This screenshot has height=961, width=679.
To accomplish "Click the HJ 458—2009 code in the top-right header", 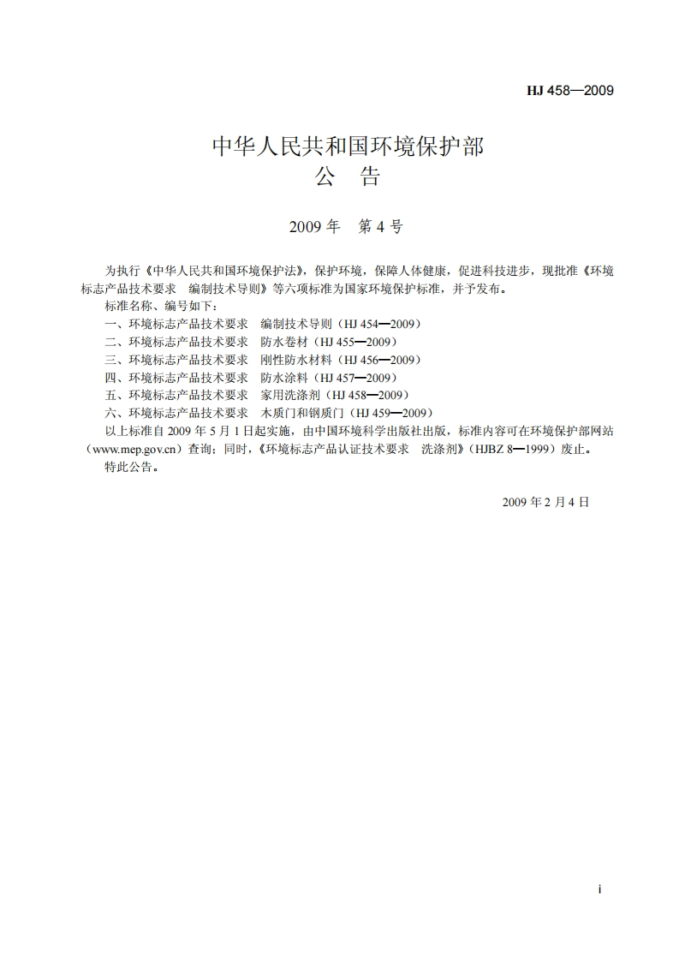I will click(570, 91).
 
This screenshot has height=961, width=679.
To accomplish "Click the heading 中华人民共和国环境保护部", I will click(348, 146).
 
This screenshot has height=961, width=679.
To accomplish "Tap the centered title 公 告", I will click(347, 177).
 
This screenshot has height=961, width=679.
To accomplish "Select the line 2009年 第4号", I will click(346, 227).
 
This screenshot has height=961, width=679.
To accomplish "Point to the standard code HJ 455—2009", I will click(356, 342).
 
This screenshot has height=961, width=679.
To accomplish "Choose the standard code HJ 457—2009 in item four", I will click(356, 378).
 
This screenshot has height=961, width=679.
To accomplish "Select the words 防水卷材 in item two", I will click(284, 342).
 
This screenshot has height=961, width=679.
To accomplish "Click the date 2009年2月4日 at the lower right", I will click(545, 503).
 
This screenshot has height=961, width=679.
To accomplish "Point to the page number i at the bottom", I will click(600, 891).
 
